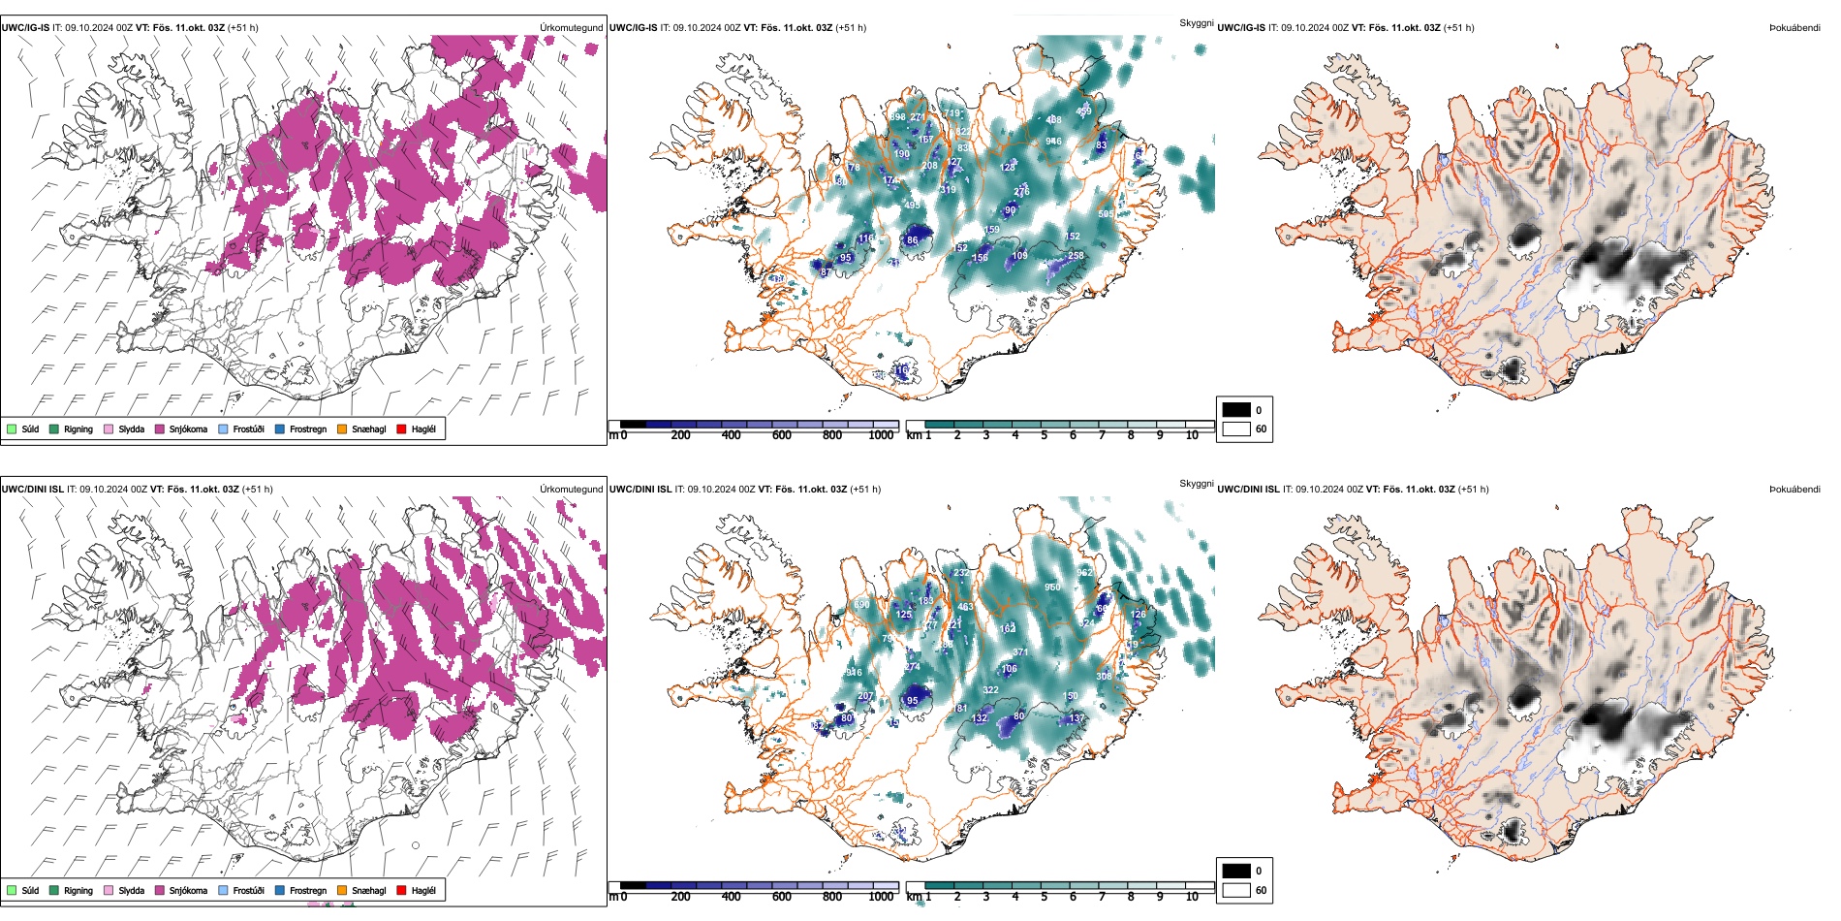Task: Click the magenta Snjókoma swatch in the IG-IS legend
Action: click(160, 429)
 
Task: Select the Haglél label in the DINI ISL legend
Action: click(423, 890)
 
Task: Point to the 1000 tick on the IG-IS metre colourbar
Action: click(881, 435)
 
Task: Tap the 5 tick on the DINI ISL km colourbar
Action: click(1044, 897)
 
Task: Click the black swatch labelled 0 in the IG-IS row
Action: click(1236, 410)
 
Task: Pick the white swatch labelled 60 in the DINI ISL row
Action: click(1236, 890)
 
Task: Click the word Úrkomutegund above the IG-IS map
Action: click(571, 28)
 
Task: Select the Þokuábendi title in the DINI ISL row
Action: click(1794, 490)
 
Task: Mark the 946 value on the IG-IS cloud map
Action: click(1053, 142)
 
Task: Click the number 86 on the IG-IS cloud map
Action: click(912, 240)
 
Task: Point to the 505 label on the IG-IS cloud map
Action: click(1106, 214)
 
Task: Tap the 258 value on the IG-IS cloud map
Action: click(1076, 256)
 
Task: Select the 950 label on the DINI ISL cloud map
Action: click(1052, 588)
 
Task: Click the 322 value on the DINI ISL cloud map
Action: click(990, 690)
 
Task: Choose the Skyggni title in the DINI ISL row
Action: click(1196, 484)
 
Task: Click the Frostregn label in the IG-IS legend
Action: click(308, 429)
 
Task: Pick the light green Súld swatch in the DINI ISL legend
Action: click(12, 890)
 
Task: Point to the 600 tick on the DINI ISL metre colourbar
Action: click(782, 897)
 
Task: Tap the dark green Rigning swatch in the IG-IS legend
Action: click(54, 429)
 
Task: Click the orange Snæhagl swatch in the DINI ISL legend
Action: click(342, 890)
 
